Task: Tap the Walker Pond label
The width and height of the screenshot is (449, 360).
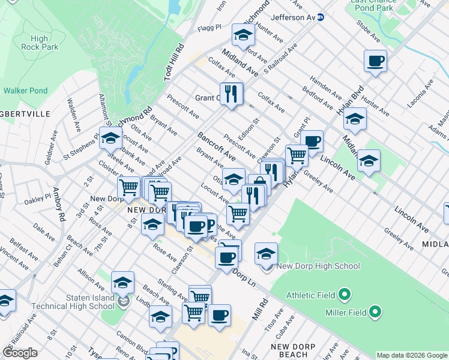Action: click(25, 91)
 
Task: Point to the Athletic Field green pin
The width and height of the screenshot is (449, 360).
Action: click(344, 295)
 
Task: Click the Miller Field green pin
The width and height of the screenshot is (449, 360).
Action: click(375, 311)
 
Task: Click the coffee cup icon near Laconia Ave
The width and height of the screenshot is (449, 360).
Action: click(375, 61)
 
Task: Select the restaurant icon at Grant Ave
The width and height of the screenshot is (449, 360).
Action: click(231, 94)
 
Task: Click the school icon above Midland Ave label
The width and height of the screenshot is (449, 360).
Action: click(243, 35)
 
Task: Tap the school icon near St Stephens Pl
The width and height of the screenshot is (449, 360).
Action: click(110, 139)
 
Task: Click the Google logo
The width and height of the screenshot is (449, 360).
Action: click(20, 353)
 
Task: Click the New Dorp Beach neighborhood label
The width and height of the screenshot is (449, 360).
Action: click(294, 350)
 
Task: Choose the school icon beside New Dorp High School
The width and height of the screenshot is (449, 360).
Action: click(266, 253)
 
